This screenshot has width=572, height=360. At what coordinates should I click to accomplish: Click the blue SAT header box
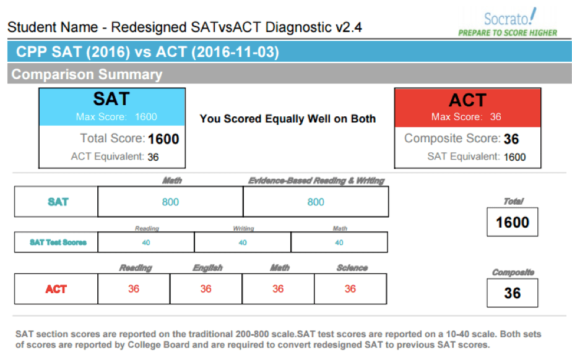point(112,106)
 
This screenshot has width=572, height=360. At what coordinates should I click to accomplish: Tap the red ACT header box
point(467,106)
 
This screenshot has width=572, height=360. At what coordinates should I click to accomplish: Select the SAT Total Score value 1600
point(163,139)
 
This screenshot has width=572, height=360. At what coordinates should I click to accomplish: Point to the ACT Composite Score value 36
point(511,139)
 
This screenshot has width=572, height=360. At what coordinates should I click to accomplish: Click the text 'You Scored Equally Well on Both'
point(288,119)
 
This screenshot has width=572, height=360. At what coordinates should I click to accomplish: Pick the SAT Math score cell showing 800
point(170,202)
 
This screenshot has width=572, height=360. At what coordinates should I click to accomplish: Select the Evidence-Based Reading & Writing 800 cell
point(316,202)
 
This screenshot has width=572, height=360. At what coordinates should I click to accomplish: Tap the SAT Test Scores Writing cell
point(243,242)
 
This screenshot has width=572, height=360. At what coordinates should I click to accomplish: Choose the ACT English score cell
point(206,289)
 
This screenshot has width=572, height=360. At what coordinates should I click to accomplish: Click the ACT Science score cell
point(350,289)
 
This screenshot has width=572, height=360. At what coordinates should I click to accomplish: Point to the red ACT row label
point(56,289)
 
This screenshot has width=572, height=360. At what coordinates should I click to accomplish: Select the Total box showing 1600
point(513,223)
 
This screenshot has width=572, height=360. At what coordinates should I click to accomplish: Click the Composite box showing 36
point(513,292)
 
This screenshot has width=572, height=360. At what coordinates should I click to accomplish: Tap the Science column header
point(352,268)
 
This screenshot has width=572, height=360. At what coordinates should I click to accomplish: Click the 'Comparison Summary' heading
point(87,75)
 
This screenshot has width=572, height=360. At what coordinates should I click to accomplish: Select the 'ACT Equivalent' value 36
point(153,157)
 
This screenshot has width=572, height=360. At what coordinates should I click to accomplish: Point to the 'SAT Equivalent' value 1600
point(514,157)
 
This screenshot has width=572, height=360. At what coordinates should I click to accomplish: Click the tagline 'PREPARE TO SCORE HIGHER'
point(508,33)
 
